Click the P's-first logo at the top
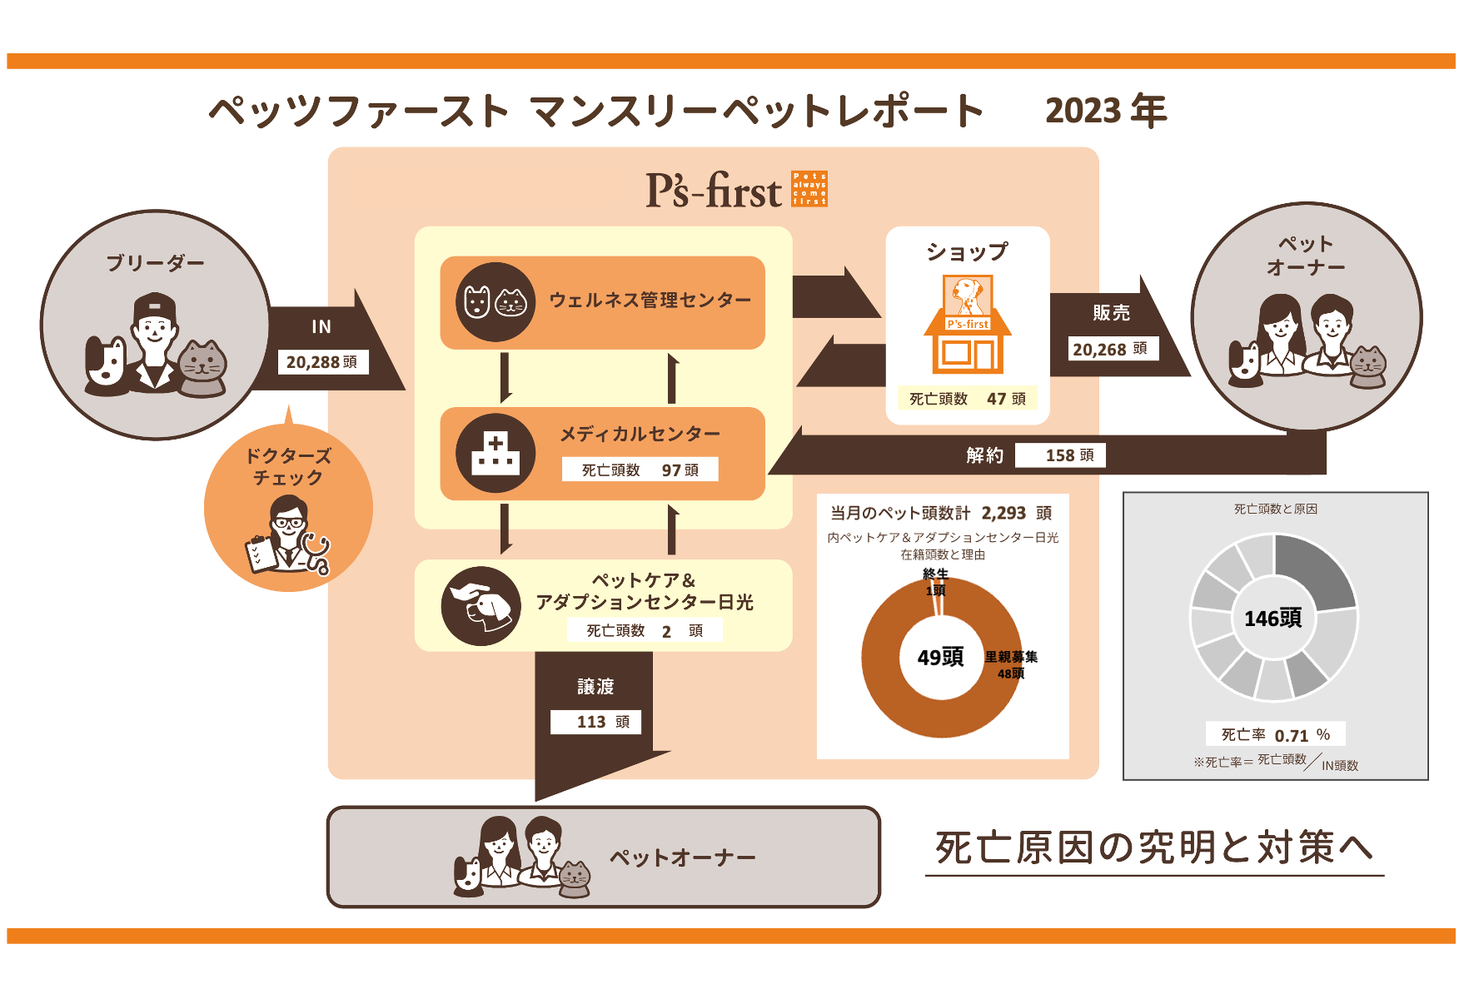736,190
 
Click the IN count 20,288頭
322,362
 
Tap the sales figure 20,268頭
1111,350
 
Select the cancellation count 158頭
1069,455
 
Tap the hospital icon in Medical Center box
495,454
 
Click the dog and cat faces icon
495,302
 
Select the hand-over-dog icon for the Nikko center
481,606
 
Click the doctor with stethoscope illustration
287,537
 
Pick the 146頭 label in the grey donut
1272,619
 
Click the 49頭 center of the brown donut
940,658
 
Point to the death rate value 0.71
1291,736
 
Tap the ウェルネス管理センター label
650,301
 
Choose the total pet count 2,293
1003,514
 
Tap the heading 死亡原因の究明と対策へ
1153,848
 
